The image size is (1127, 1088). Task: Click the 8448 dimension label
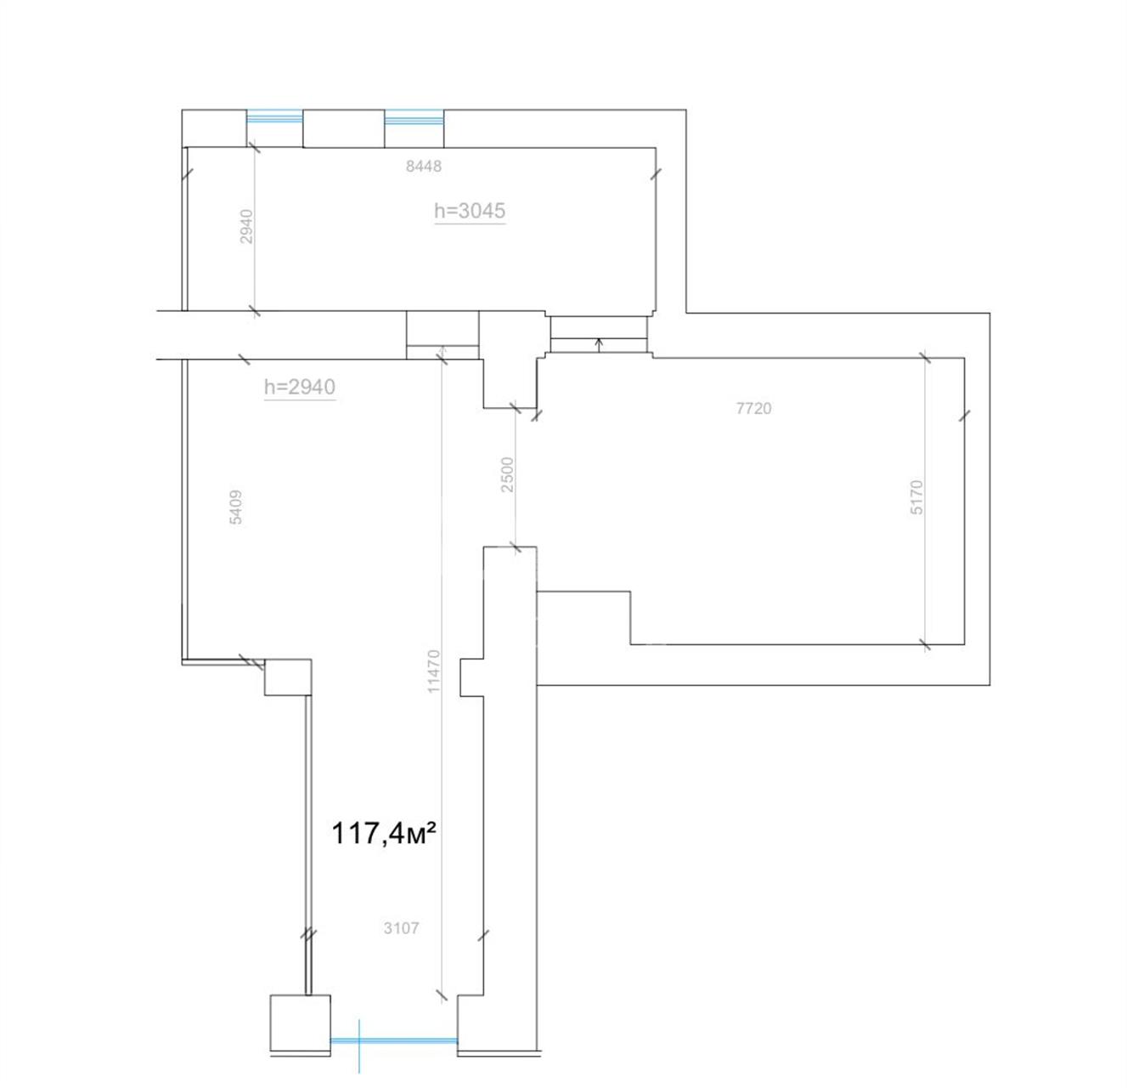pos(423,167)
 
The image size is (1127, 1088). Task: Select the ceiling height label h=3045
pos(469,211)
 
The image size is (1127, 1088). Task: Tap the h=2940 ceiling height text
pos(300,387)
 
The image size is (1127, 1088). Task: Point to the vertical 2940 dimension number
pos(246,226)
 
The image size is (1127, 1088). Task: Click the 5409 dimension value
pos(236,507)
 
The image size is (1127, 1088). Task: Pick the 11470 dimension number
pos(433,671)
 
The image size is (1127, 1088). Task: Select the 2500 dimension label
pos(507,475)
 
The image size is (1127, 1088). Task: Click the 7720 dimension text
pos(753,409)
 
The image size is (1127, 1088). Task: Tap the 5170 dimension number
pos(916,497)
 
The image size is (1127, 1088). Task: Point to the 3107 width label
pos(401,928)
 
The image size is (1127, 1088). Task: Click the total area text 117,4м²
pos(383,834)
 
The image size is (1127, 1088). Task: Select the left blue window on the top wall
pos(275,117)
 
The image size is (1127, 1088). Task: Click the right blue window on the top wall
pos(414,117)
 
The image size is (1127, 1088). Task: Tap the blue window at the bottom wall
pos(394,1041)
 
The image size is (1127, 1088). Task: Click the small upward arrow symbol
pos(600,345)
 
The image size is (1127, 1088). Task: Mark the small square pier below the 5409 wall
pos(288,677)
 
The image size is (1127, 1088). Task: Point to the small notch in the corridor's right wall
pos(471,677)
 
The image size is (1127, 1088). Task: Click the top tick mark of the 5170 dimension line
pos(925,358)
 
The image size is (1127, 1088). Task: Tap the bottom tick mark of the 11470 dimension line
pos(442,996)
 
